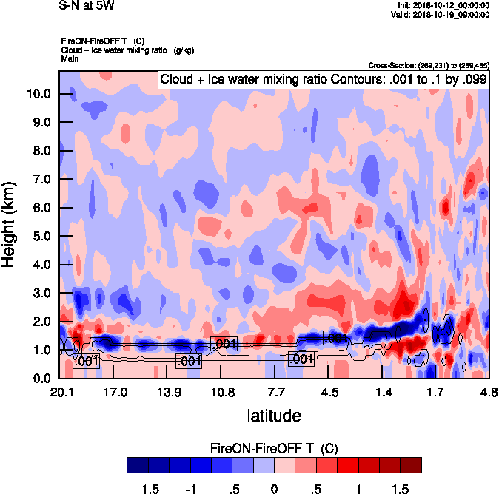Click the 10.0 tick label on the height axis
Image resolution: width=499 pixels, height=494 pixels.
point(38,94)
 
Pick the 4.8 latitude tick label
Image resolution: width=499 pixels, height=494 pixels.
point(488,391)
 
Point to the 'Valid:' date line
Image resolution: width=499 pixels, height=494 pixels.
point(441,14)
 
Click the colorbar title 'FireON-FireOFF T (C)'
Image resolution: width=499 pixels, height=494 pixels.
point(274,448)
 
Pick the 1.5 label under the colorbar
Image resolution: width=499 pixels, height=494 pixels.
point(400,488)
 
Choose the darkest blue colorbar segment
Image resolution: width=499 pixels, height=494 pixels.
point(137,464)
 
